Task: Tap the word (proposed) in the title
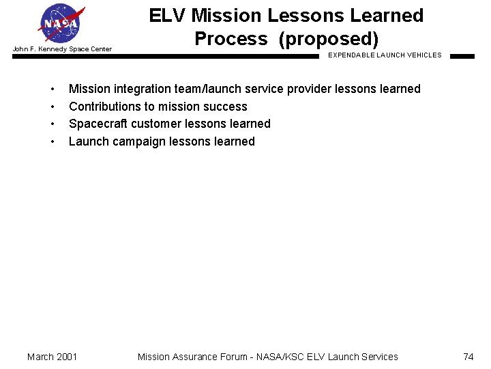coord(328,39)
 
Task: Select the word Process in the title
coord(230,39)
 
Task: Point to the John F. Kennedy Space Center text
coord(62,49)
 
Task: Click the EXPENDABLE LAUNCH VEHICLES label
coord(385,55)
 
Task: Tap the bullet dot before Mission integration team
coord(53,90)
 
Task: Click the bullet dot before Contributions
coord(53,107)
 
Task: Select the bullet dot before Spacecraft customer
coord(53,124)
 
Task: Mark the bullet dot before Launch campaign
coord(53,142)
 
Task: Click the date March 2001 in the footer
coord(52,357)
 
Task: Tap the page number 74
coord(468,357)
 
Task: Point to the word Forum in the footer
coord(237,357)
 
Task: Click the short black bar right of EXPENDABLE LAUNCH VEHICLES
coord(462,57)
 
